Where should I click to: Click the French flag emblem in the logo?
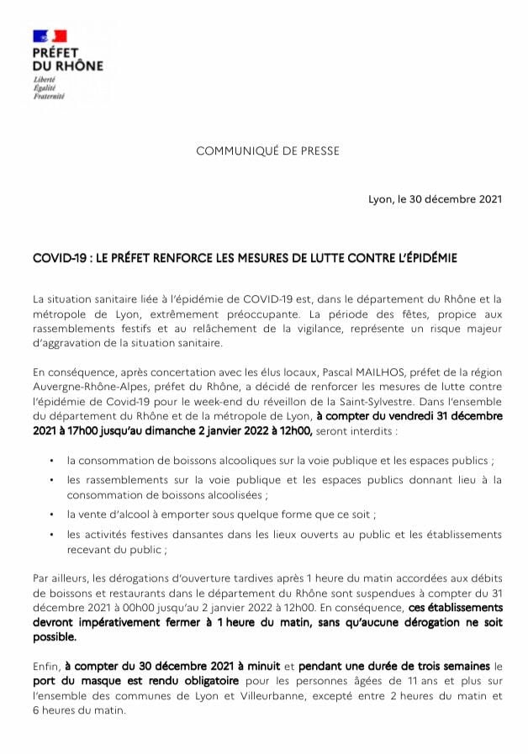50,36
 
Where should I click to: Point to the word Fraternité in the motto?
48,95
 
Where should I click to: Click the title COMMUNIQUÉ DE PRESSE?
267,151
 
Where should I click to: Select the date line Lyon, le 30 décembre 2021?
435,199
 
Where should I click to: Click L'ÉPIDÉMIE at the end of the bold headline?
425,259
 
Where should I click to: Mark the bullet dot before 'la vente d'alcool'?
52,513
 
